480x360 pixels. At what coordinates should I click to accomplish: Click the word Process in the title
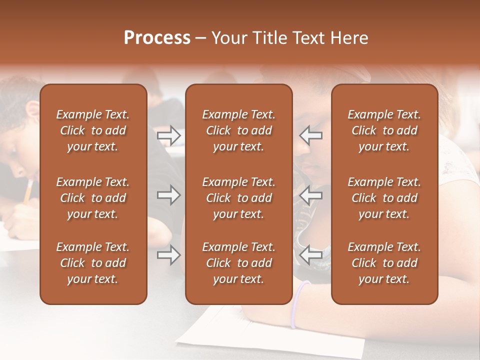pos(157,38)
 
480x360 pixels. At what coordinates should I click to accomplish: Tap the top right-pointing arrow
pos(169,135)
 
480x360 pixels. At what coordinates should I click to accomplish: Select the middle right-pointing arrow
pos(169,195)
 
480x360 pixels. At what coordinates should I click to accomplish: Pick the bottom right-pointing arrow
pos(169,255)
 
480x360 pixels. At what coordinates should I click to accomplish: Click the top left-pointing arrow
pos(311,135)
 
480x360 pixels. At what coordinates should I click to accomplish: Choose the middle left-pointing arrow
pos(311,195)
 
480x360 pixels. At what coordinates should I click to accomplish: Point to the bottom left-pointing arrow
pos(311,255)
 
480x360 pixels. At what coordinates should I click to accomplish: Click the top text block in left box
pos(93,130)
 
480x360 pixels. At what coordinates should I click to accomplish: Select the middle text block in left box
pos(93,198)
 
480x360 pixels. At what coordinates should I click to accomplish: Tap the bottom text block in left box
pos(93,263)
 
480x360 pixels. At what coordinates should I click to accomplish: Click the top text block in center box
pos(239,130)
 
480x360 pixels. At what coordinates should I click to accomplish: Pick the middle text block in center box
pos(239,198)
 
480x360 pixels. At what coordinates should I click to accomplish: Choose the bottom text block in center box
pos(239,263)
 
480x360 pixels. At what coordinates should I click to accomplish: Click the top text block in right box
pos(384,130)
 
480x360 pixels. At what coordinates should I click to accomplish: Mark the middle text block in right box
pos(384,198)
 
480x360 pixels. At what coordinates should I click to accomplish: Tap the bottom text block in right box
pos(384,263)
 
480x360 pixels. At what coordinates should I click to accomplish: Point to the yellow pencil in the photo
pos(28,192)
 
